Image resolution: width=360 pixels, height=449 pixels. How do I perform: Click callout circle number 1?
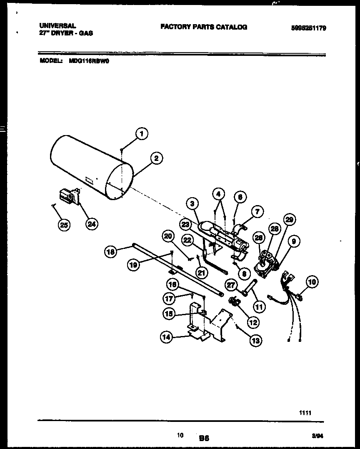point(142,134)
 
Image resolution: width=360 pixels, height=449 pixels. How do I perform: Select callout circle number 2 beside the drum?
point(156,158)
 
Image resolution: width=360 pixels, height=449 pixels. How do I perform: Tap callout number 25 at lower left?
point(64,225)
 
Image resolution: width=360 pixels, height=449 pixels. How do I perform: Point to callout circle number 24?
point(92,224)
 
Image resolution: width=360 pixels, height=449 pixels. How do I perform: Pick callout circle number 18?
point(110,251)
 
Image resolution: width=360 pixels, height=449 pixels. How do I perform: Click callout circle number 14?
point(167,338)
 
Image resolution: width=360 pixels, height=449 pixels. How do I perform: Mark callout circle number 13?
point(255,341)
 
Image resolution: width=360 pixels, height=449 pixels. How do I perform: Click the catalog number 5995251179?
point(308,28)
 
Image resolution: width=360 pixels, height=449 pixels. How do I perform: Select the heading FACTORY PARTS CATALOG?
point(203,27)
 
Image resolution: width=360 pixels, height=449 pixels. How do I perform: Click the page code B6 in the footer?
point(204,438)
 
